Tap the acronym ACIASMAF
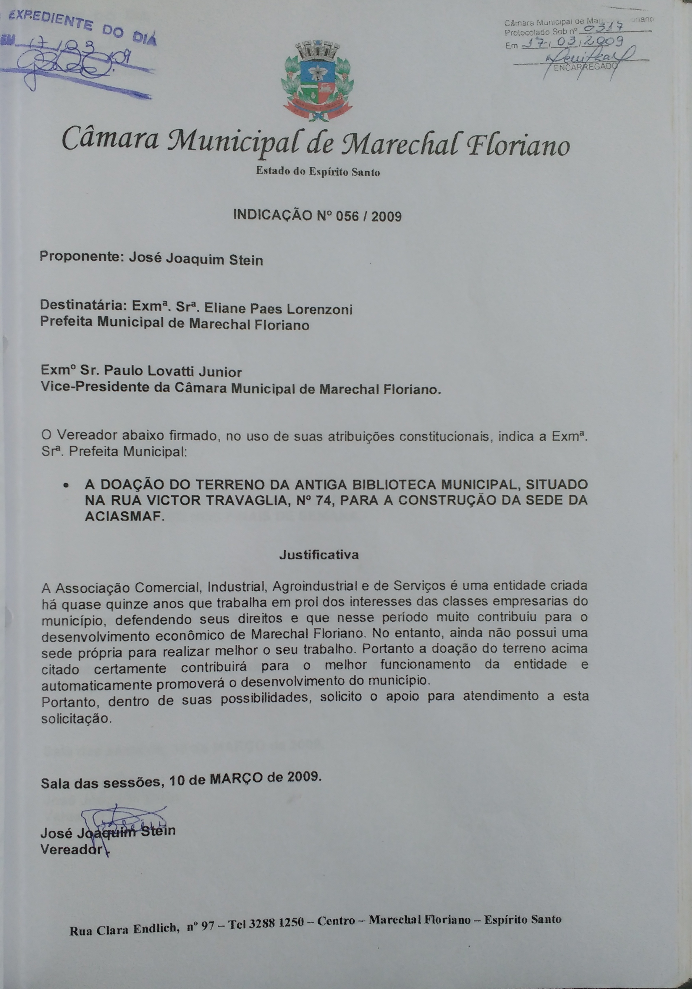coord(125,517)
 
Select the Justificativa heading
coord(319,555)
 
